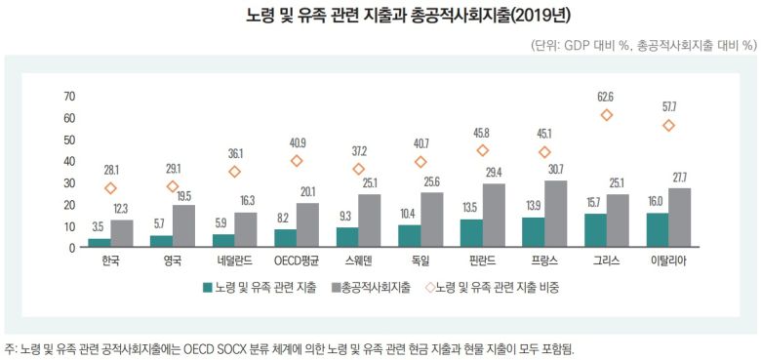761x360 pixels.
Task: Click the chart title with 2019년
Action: point(380,16)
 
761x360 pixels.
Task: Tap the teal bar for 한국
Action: point(100,242)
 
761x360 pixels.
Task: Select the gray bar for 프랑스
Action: point(556,215)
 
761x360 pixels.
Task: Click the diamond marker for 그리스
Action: point(607,115)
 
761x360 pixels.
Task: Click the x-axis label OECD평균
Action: point(297,261)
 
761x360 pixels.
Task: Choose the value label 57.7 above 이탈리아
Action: point(668,105)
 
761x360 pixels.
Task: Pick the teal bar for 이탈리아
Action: point(658,230)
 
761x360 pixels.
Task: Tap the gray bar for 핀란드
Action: point(495,216)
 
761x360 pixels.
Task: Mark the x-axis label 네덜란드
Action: point(235,261)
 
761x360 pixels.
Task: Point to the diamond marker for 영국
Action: point(173,186)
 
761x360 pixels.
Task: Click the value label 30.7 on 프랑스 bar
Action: point(557,170)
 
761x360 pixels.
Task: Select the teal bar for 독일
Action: point(410,236)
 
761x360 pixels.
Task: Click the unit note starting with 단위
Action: point(644,45)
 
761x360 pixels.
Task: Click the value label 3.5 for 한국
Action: point(100,227)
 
